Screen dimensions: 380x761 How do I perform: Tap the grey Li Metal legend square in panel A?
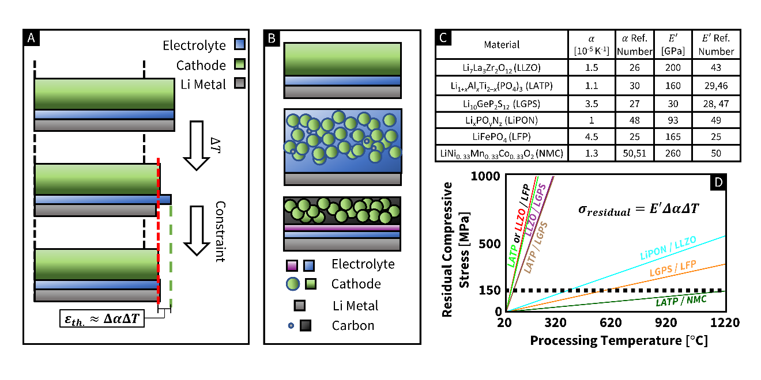(x=240, y=85)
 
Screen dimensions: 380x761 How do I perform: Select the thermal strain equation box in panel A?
(x=103, y=317)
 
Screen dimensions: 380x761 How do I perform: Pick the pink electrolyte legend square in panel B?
(x=292, y=265)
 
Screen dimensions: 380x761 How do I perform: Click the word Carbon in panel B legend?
(x=353, y=325)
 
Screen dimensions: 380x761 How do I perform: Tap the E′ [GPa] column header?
(x=673, y=45)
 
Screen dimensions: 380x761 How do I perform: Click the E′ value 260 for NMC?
(x=673, y=153)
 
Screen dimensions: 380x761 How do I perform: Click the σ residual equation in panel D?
(x=638, y=210)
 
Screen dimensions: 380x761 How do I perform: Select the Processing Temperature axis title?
(x=618, y=340)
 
